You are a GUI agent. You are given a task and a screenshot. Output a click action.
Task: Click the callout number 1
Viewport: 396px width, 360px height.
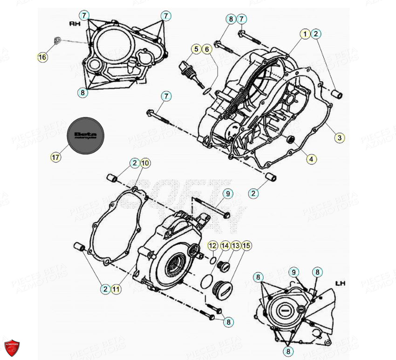coord(305,34)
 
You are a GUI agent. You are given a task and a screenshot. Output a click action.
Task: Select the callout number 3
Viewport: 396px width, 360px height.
coord(340,137)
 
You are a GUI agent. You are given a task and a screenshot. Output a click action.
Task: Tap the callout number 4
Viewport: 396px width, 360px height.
coord(311,159)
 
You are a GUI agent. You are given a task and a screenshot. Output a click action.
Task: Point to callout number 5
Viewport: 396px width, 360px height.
coord(196,48)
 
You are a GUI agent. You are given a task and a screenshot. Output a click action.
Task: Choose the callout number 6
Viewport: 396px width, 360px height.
coord(207,48)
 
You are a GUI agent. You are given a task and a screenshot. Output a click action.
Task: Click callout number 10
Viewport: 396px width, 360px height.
coord(145,163)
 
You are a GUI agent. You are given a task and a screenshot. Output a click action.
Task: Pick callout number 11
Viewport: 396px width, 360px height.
coord(116,289)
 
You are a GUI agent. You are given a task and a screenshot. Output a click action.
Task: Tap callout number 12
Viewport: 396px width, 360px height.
coord(212,245)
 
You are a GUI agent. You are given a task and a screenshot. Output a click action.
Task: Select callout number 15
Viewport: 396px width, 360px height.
coord(246,245)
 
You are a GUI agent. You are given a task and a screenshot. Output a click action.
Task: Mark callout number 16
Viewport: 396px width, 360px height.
coord(42,57)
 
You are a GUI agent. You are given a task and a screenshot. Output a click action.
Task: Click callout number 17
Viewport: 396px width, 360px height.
coord(55,157)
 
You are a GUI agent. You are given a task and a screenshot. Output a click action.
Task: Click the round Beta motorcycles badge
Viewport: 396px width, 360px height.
coord(86,135)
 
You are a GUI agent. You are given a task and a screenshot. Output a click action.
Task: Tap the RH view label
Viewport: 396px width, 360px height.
coord(75,23)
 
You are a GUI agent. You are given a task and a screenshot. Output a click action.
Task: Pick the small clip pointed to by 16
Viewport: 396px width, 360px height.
coord(56,40)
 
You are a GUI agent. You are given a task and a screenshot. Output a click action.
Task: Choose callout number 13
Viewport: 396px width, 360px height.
coord(235,245)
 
